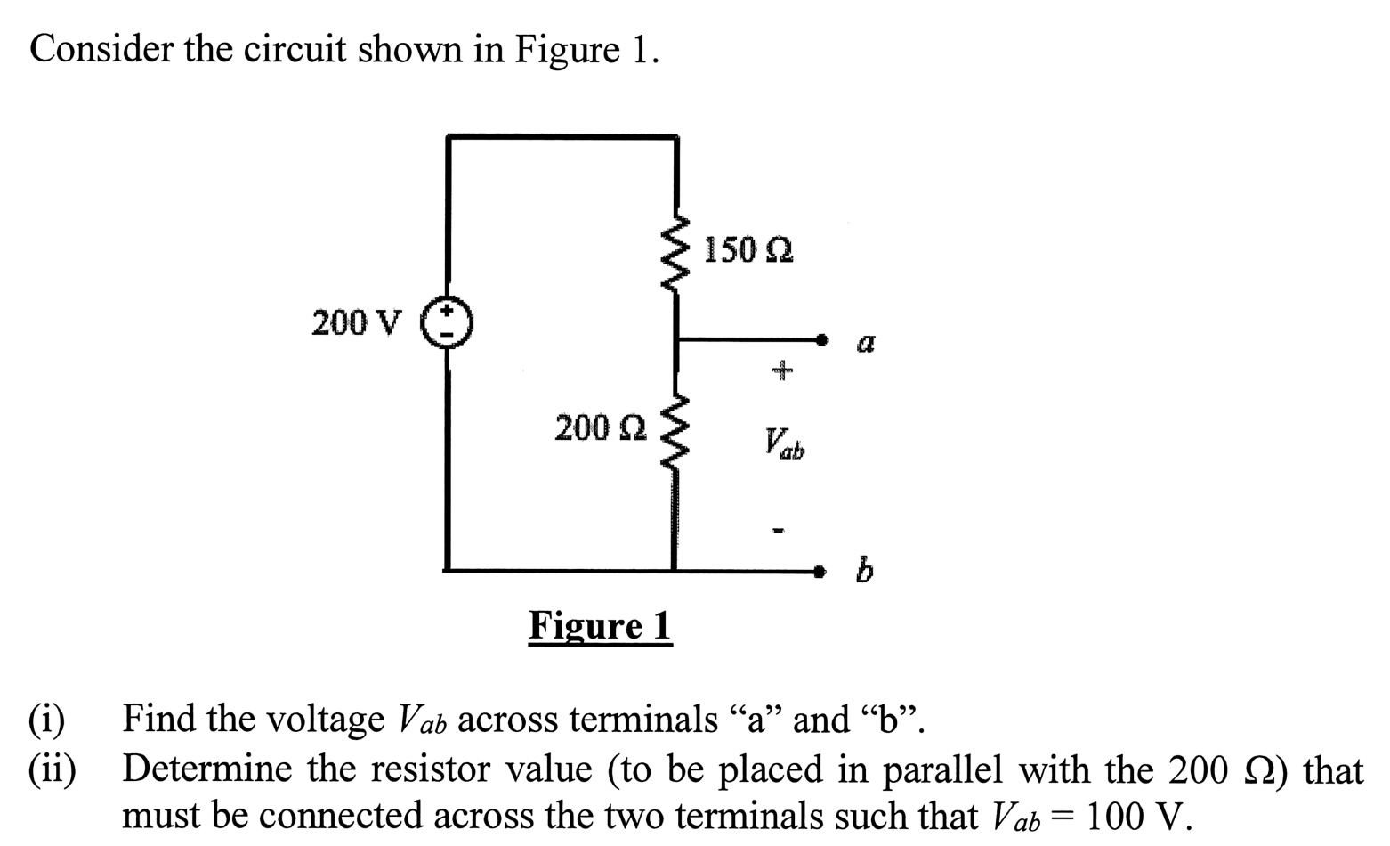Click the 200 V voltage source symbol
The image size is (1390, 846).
[x=447, y=323]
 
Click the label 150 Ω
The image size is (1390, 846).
[x=748, y=250]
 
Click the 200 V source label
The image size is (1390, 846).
[x=356, y=322]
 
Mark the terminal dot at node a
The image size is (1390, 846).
[x=823, y=339]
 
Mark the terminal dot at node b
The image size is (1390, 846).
[x=823, y=570]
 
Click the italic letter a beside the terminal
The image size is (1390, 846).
[x=865, y=343]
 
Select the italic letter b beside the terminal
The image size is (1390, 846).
[x=863, y=569]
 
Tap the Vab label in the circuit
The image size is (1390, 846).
[x=783, y=443]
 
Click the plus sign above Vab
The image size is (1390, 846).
[x=780, y=369]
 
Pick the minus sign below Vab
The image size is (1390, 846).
[x=779, y=532]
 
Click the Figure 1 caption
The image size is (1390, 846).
[x=600, y=625]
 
